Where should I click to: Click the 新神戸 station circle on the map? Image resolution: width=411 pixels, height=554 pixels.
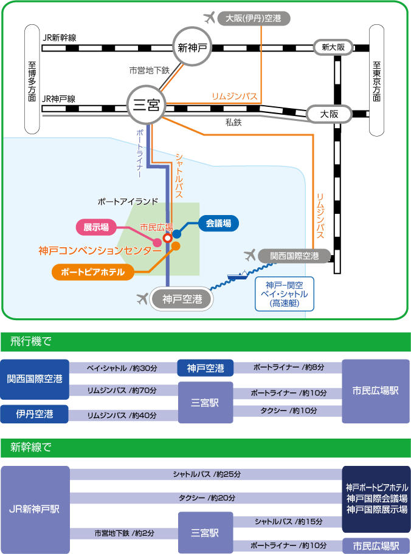192,47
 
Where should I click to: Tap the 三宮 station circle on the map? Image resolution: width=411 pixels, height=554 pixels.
146,104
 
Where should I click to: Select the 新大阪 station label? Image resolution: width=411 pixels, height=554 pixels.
333,47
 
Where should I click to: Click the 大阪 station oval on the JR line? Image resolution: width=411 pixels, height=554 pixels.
330,114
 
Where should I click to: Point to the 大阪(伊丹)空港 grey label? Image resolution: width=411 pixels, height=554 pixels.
254,18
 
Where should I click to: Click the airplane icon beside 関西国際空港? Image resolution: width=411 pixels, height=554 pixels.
250,255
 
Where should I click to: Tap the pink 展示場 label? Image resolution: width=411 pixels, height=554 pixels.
96,227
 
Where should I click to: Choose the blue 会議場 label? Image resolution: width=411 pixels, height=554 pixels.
218,224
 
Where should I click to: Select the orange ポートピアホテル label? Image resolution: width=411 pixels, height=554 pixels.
93,272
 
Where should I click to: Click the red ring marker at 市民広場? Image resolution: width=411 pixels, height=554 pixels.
168,238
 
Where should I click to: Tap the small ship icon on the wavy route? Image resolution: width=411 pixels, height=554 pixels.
237,275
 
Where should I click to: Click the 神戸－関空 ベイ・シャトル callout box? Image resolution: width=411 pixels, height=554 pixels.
285,294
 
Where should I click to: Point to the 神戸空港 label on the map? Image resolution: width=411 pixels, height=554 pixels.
182,299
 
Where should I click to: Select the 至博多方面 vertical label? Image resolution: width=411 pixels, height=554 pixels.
32,80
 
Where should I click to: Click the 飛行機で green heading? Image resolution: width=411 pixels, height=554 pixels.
206,341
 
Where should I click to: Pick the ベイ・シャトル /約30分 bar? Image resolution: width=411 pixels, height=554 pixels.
123,368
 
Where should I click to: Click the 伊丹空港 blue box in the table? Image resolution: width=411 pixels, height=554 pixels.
34,414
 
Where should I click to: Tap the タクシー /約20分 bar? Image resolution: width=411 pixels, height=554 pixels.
206,498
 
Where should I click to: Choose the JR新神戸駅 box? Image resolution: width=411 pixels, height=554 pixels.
35,510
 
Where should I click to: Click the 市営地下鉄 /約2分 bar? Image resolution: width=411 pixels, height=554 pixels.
124,533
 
